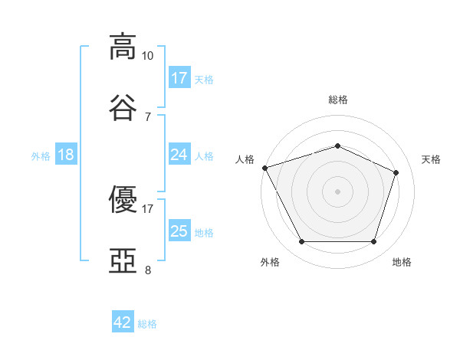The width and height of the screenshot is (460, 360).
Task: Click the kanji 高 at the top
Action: tap(123, 47)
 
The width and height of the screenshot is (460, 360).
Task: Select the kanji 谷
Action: tap(123, 107)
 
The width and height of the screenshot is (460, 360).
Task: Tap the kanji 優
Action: tap(123, 199)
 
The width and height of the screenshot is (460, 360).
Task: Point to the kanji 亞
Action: tap(123, 260)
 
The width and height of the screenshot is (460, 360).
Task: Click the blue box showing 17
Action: tap(179, 77)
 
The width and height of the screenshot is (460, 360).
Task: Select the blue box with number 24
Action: tap(179, 154)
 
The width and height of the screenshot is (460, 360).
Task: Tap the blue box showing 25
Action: tap(179, 230)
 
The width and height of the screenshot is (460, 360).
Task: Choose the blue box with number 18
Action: tap(66, 154)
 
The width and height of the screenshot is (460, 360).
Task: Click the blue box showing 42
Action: tap(123, 321)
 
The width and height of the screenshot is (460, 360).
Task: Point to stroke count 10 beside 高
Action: tap(147, 56)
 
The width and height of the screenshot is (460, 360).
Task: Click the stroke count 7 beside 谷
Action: tap(148, 117)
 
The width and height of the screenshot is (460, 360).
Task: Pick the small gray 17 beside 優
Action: tap(147, 209)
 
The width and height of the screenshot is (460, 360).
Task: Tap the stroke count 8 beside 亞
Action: tap(148, 270)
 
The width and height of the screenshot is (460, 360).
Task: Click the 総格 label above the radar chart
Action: tap(338, 100)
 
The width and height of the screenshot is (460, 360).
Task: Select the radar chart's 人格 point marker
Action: tap(265, 168)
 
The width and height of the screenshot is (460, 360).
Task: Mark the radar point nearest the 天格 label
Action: tap(396, 172)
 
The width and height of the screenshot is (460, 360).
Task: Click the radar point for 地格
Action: tap(373, 241)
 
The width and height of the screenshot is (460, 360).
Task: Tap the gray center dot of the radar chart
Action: tap(337, 191)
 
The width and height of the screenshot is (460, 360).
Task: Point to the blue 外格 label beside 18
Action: tap(41, 156)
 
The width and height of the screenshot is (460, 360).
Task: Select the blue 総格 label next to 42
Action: tap(147, 324)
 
